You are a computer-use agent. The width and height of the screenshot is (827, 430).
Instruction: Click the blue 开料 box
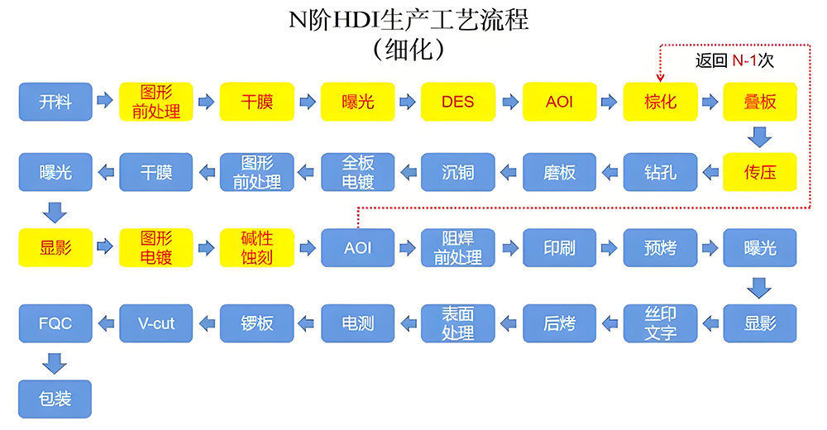tap(55, 102)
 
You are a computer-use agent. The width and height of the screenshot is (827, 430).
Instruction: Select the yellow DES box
tap(457, 102)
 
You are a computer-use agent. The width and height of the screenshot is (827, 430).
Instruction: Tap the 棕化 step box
tap(660, 102)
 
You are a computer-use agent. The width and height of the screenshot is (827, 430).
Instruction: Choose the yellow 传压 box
tap(760, 172)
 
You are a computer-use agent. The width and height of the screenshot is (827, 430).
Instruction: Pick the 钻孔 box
tap(660, 172)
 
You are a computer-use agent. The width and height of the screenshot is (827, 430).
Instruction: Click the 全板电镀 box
tap(357, 172)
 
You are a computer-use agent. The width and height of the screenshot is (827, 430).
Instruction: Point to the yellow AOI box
tap(559, 102)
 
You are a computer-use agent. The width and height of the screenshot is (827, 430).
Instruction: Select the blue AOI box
tap(357, 247)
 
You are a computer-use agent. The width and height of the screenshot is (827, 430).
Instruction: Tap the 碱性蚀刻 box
tap(256, 247)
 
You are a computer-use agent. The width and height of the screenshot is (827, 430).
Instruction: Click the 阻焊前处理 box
tap(457, 247)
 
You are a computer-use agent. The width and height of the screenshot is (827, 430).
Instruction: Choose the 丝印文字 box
tap(660, 322)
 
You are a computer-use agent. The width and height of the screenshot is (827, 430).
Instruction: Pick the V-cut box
tap(155, 322)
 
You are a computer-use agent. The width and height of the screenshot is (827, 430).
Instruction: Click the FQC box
tap(55, 322)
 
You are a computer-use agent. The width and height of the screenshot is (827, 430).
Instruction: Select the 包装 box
tap(55, 399)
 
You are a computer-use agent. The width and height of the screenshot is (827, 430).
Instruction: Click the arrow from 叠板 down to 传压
tap(760, 136)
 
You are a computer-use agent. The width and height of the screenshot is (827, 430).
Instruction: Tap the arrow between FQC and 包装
tap(55, 361)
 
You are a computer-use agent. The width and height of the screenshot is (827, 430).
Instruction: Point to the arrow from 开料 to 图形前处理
tap(104, 101)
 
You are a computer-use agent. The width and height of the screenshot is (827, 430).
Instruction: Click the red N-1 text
tap(746, 60)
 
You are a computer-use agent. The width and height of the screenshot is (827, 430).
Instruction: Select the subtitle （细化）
tap(409, 48)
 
